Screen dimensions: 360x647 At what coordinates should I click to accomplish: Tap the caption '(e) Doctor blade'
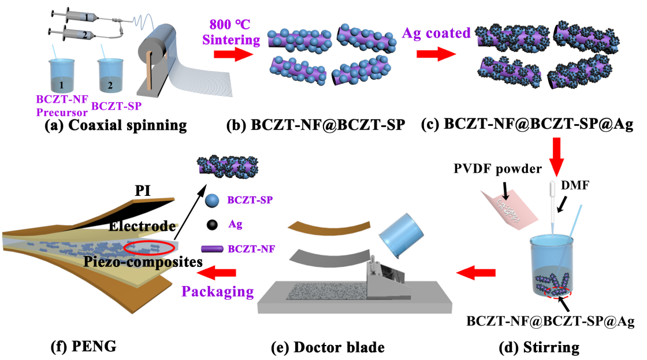pos(328,347)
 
